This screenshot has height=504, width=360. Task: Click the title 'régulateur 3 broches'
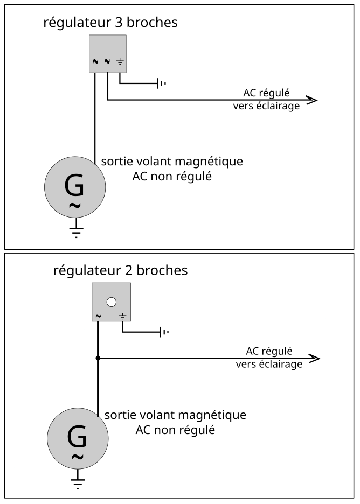(x=110, y=23)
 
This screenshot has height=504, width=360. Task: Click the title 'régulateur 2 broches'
(x=120, y=270)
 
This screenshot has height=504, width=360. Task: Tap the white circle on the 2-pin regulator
(x=112, y=302)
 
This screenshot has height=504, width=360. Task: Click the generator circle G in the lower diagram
(x=78, y=442)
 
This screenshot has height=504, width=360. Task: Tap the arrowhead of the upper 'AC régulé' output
(x=312, y=100)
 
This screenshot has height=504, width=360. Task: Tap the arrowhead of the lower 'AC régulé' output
(x=315, y=359)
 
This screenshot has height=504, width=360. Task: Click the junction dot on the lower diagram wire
(x=98, y=359)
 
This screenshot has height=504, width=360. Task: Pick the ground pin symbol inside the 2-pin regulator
(x=122, y=316)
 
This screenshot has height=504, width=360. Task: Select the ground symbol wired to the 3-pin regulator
(x=161, y=83)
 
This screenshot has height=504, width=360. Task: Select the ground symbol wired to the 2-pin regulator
(x=163, y=332)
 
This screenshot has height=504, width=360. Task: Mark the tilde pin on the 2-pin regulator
(x=98, y=316)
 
